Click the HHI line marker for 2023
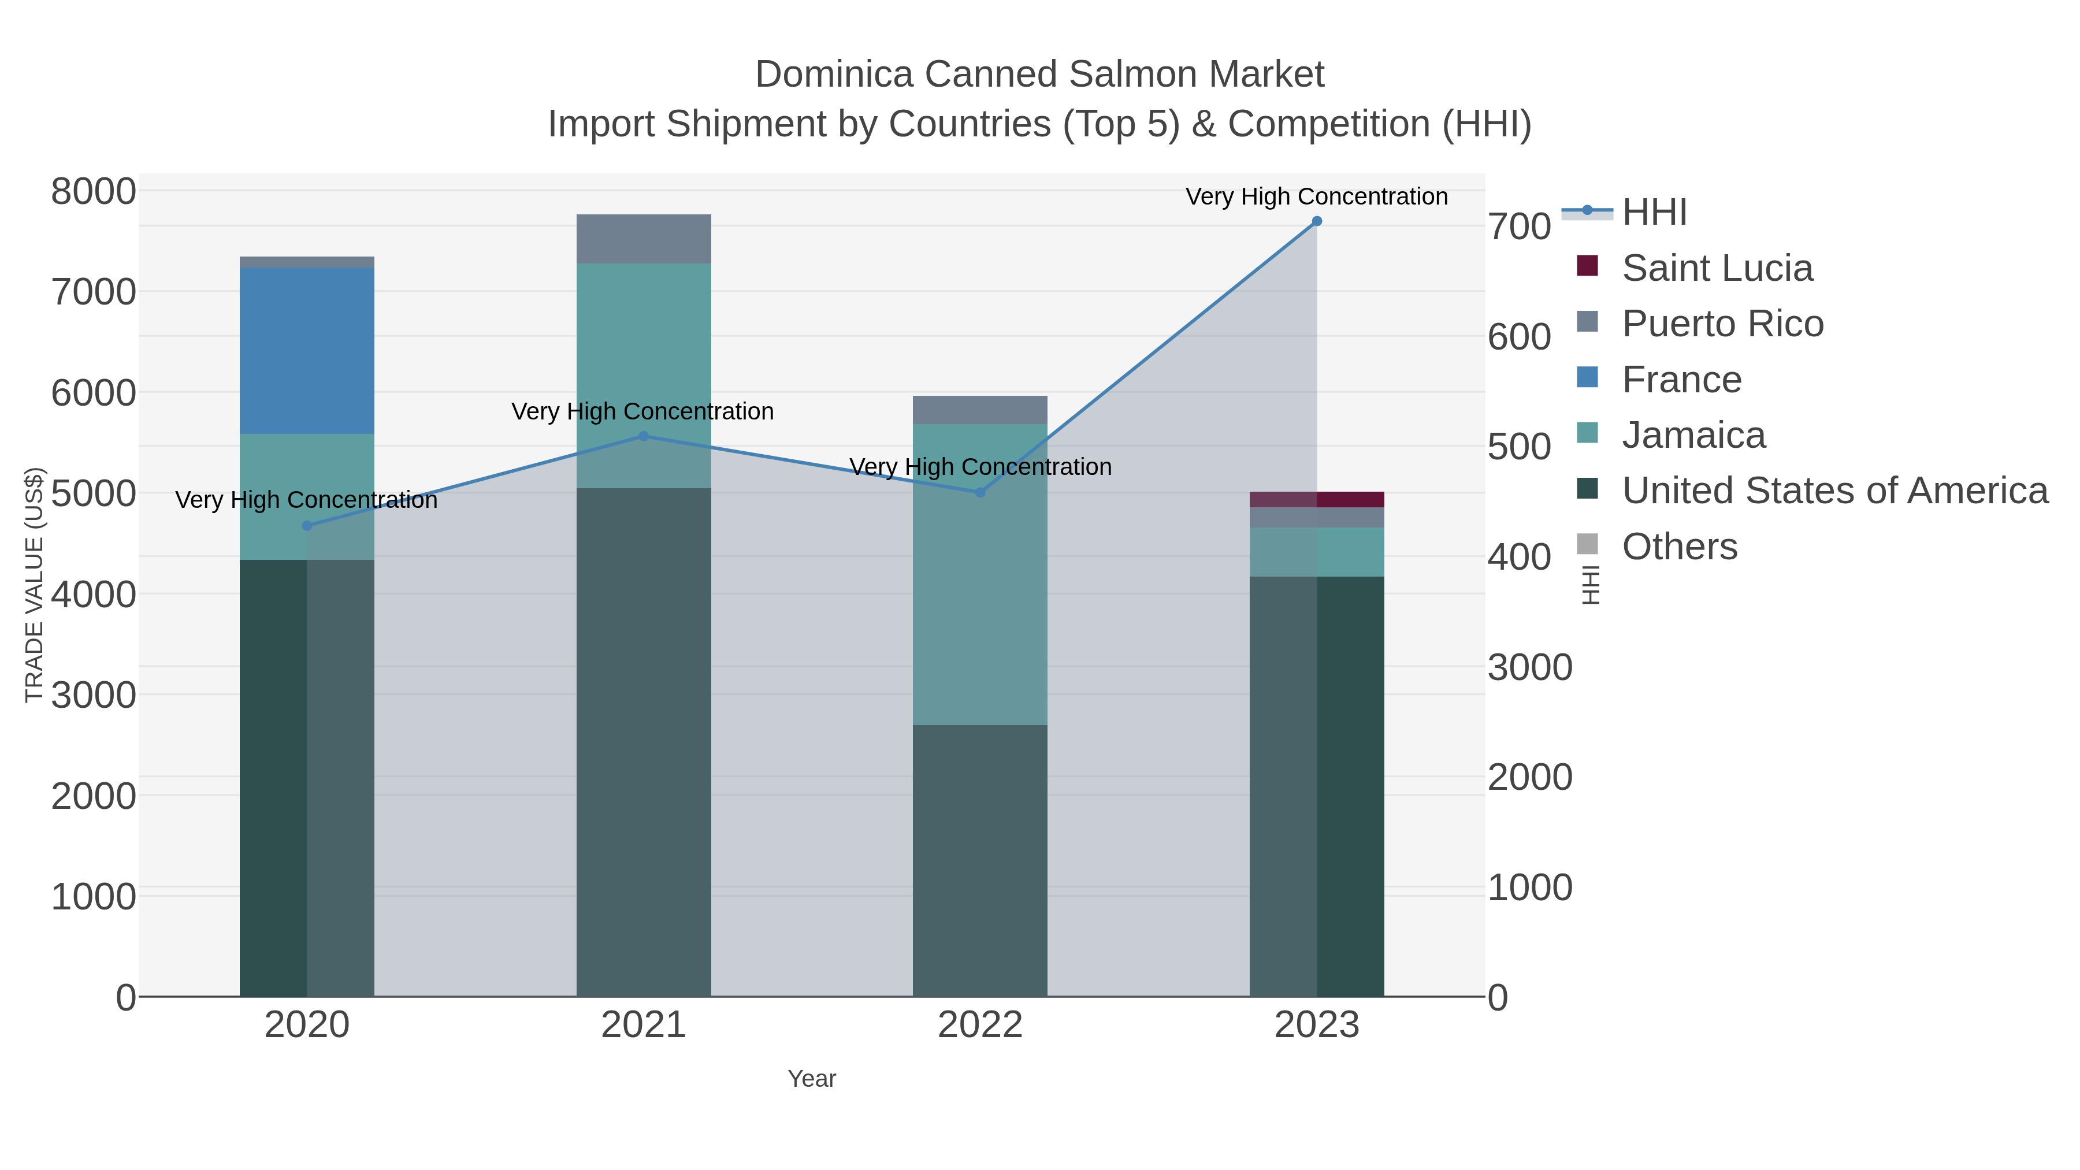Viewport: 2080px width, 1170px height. tap(1316, 221)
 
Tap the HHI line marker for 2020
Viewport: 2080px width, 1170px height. tap(307, 526)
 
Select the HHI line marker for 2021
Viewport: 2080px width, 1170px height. tap(644, 436)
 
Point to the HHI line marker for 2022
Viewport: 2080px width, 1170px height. tap(980, 492)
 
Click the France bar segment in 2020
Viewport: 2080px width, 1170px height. tap(307, 351)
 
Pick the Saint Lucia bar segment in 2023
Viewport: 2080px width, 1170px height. tap(1316, 499)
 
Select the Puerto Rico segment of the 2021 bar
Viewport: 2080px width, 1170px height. tap(644, 239)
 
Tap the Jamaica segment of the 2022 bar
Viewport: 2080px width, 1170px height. tap(980, 573)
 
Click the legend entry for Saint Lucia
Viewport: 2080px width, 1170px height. tap(1717, 268)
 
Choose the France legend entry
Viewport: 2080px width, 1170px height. tap(1681, 380)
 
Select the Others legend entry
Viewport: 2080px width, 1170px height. tap(1678, 547)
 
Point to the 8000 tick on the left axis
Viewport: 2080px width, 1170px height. tap(94, 192)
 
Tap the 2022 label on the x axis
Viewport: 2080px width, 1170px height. tap(980, 1026)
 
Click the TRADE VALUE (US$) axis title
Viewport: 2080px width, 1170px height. tap(35, 585)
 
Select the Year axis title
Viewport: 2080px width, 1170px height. tap(812, 1079)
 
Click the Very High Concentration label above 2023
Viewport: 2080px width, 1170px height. tap(1316, 196)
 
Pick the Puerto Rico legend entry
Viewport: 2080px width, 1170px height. tap(1722, 324)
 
